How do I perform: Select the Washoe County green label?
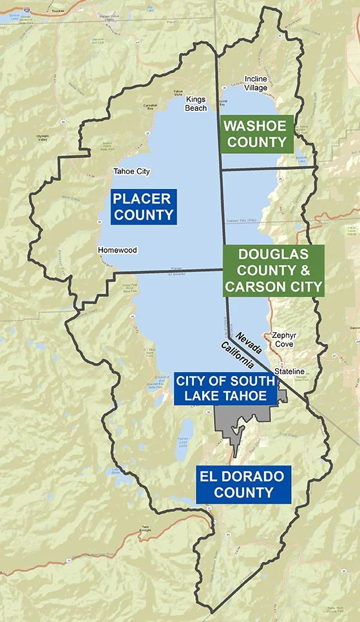click(256, 134)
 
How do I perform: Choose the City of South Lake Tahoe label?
click(225, 388)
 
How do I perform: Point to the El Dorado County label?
click(244, 484)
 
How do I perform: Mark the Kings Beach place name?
click(196, 104)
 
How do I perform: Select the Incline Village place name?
click(256, 84)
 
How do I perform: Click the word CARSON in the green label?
click(252, 286)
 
